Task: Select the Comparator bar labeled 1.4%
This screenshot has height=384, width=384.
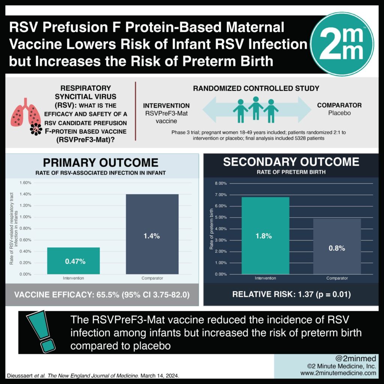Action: click(x=152, y=234)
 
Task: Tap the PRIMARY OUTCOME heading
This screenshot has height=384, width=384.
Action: click(x=101, y=162)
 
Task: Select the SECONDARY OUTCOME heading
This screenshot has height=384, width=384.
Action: click(x=291, y=162)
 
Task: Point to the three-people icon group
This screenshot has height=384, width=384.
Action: click(x=255, y=109)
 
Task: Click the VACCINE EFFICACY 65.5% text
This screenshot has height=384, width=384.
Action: click(x=101, y=295)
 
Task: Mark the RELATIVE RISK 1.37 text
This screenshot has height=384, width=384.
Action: click(x=291, y=295)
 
